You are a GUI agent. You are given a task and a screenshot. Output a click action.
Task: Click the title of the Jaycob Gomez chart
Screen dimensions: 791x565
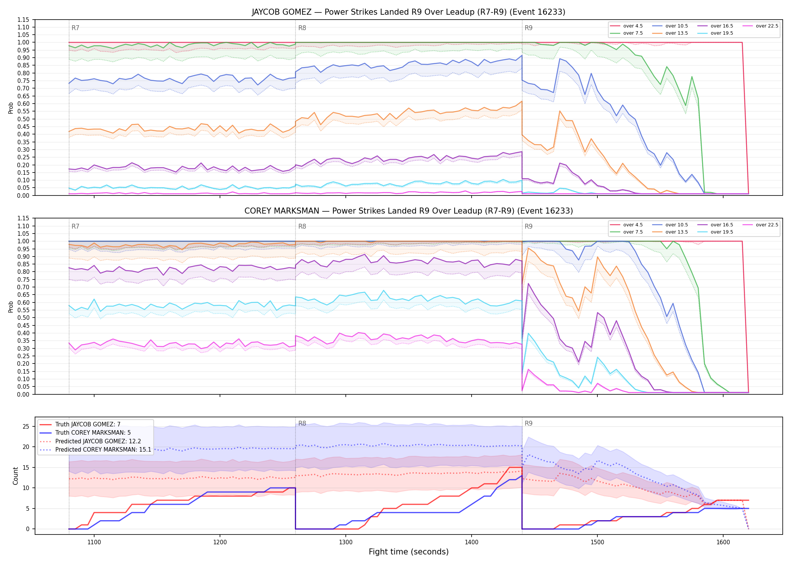coord(408,12)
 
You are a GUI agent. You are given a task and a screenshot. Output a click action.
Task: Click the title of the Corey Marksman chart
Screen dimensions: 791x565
coord(408,211)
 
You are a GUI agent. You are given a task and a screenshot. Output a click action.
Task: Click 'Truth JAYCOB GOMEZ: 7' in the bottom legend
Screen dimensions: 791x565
coord(88,425)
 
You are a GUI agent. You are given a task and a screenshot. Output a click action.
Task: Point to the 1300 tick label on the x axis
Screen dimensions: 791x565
coord(346,542)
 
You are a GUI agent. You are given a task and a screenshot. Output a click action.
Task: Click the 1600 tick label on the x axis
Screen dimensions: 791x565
coord(723,542)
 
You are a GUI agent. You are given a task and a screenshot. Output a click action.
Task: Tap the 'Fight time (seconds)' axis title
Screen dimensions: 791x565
coord(409,552)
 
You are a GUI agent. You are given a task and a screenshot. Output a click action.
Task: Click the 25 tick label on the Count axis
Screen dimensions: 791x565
coord(26,427)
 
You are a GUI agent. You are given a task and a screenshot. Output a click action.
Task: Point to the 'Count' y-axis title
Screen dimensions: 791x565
coord(15,476)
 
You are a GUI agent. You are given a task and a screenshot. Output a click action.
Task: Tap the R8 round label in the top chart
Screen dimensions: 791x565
coord(302,28)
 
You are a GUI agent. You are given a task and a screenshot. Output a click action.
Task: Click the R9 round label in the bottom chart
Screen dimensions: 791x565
coord(528,423)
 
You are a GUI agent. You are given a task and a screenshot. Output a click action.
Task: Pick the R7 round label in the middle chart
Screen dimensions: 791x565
coord(75,226)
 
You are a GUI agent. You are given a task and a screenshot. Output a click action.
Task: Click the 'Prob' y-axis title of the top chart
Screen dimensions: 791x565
coord(11,108)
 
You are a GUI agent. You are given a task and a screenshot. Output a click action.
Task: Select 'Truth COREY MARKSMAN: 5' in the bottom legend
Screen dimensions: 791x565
coord(93,433)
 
